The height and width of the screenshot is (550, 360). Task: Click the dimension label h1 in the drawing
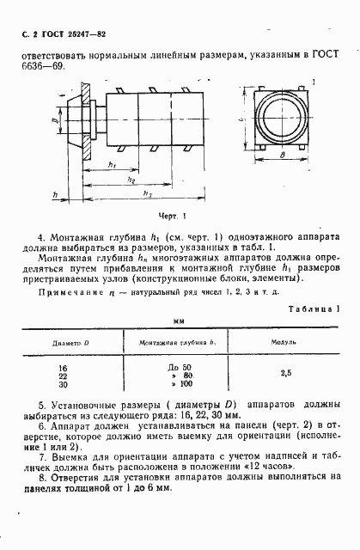[x=113, y=166]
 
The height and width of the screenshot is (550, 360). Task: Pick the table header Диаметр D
[x=70, y=341]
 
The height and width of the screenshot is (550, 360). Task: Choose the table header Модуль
[x=283, y=341]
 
